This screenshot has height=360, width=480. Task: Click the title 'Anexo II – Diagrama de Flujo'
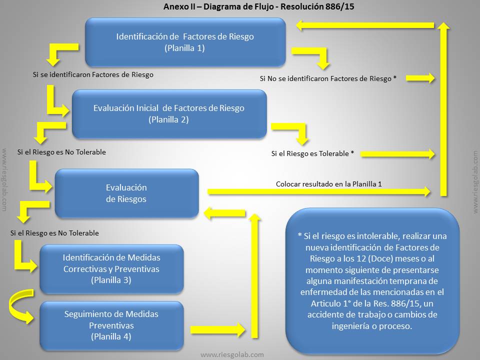coord(218,6)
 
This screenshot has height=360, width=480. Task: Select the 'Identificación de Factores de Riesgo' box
coord(185,42)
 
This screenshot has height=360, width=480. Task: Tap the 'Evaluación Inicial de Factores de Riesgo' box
coord(169,114)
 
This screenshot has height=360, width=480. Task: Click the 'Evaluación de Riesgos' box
coord(126,193)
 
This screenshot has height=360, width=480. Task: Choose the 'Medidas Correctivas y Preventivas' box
coord(111,269)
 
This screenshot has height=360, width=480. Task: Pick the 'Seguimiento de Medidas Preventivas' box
coord(111,325)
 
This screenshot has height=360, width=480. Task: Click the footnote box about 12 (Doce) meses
coord(372,280)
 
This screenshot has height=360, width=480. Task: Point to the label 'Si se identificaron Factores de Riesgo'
coord(93,74)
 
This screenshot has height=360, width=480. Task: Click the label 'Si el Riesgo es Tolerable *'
coord(312,153)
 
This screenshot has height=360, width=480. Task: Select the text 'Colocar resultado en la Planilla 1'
coord(329,184)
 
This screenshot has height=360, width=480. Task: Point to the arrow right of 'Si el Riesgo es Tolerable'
coord(397,154)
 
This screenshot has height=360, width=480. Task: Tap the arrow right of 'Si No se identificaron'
coord(420,78)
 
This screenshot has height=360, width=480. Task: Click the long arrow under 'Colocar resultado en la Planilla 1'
coord(319,192)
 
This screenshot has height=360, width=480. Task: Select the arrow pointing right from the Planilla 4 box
coord(217,329)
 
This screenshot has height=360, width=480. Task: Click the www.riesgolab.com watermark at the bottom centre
coord(232,355)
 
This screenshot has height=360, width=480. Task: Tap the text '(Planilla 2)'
coord(168,119)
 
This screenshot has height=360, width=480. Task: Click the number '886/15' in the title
coord(340,6)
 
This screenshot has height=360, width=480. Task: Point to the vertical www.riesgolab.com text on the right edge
coord(475,182)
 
